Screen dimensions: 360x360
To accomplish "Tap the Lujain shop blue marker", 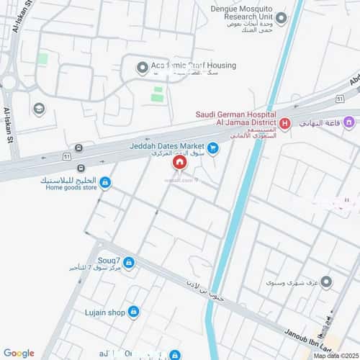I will point(134,311).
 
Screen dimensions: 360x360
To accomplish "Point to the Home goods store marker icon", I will point(106,183).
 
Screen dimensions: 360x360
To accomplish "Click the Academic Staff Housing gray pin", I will point(142,68).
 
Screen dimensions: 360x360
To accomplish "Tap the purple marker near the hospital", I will point(348,122).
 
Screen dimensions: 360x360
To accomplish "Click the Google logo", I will point(19,353).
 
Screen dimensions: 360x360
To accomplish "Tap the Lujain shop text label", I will point(104,312).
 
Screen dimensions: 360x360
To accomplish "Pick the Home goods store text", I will point(71,188).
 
